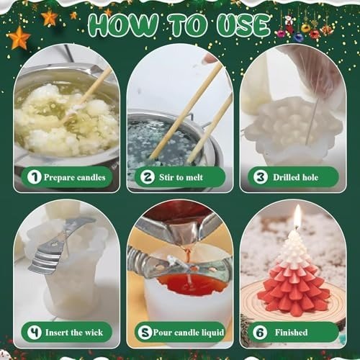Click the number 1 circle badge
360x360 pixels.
[35, 177]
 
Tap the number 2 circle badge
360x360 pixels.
[148, 177]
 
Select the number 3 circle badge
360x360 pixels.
[261, 177]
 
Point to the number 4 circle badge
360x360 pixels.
[35, 333]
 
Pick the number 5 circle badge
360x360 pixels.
[145, 333]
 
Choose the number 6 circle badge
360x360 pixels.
[260, 333]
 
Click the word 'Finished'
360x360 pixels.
[291, 333]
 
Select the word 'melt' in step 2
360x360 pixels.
[194, 177]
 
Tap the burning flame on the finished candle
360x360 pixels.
[297, 215]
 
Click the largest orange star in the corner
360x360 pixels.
[18, 38]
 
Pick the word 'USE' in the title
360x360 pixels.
[243, 25]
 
